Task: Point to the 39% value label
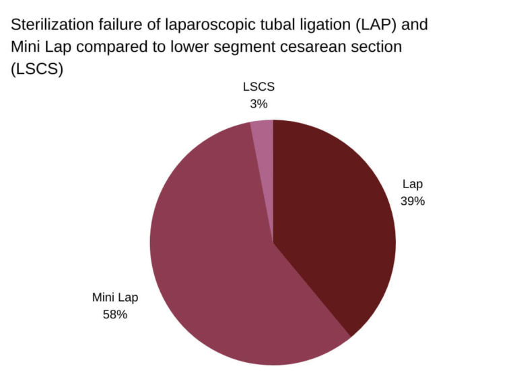click(413, 200)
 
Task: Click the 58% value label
click(114, 314)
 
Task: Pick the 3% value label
click(258, 103)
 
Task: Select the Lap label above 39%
click(413, 184)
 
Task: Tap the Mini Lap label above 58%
click(114, 298)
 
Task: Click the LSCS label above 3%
click(258, 87)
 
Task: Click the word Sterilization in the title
click(49, 25)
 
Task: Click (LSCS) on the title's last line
click(36, 70)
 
